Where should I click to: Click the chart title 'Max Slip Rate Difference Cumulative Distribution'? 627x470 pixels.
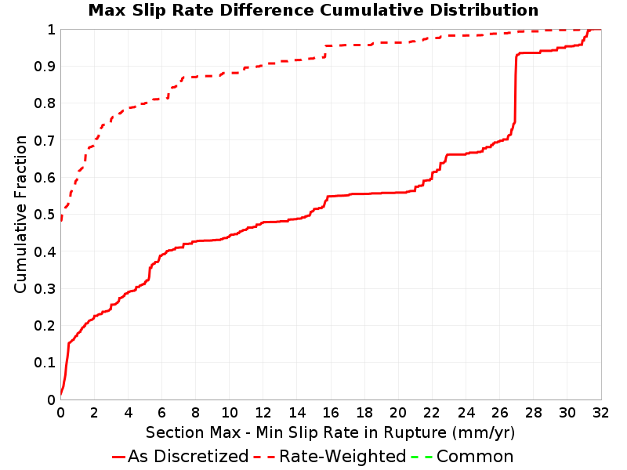313,10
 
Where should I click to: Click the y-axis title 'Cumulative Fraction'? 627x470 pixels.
20,214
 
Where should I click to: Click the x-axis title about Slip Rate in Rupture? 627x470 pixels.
330,433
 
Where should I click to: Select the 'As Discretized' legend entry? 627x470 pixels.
180,457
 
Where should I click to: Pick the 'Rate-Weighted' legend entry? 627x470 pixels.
330,457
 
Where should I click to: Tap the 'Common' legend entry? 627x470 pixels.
462,457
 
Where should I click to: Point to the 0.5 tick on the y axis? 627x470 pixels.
45,215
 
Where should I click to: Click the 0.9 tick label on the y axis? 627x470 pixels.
45,67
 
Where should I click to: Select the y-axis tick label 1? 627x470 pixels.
51,30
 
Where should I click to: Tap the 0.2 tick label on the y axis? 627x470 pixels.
45,326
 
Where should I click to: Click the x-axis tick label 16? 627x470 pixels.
330,413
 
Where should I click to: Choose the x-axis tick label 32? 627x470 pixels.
600,413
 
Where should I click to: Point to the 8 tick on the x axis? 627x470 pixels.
195,413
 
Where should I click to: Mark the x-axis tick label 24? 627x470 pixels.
466,413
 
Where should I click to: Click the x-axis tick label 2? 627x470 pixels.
94,413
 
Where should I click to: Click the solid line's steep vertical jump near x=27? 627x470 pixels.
515,88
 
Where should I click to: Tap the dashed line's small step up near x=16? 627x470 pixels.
324,52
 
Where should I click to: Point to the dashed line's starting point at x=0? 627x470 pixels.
61,219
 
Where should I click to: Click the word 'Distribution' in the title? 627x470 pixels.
484,10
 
